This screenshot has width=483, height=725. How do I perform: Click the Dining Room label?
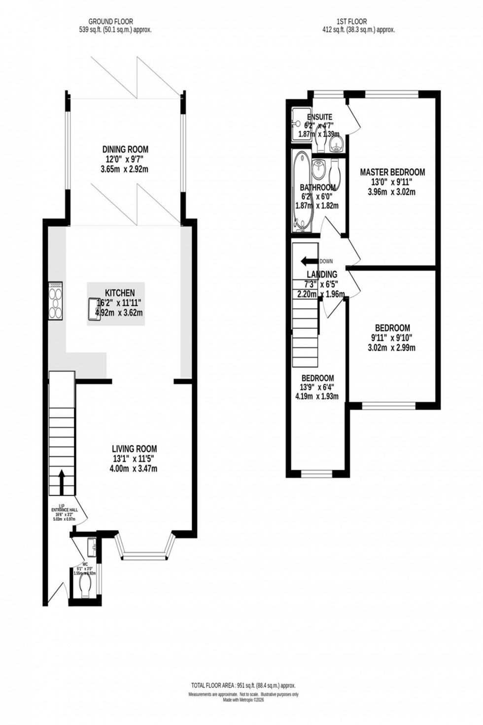[125, 149]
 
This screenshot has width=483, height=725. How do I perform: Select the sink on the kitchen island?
[95, 309]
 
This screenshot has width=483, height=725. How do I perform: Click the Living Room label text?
[134, 449]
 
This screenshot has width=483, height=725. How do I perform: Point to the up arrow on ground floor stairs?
[62, 481]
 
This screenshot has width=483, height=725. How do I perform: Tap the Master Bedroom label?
[392, 172]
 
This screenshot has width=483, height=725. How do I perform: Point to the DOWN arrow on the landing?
[309, 261]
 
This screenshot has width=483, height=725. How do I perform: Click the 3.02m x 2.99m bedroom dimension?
[392, 348]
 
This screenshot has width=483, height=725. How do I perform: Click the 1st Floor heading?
[351, 21]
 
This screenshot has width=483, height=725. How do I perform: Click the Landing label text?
[322, 274]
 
